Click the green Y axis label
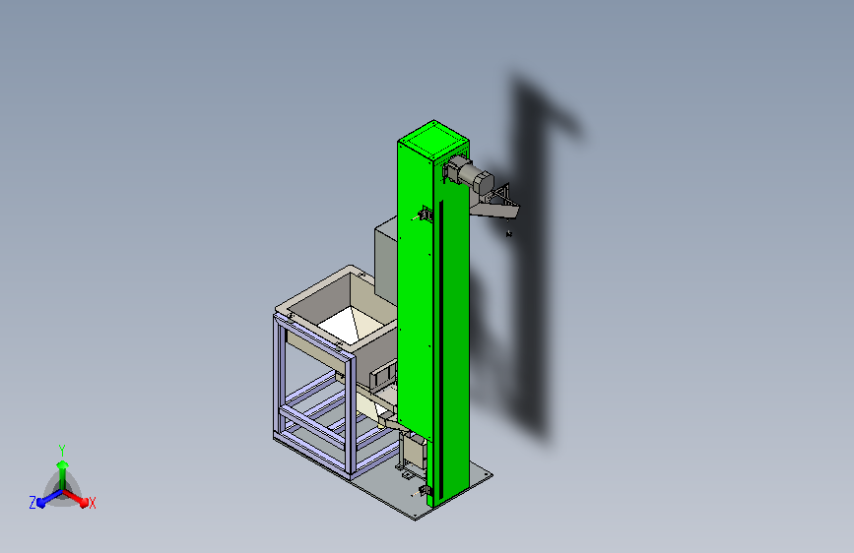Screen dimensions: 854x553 tap(62, 451)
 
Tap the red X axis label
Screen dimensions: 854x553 tap(92, 504)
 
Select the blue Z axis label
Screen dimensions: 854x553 tap(33, 503)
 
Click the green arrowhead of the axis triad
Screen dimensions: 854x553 tap(62, 464)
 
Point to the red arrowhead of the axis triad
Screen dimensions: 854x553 tap(83, 502)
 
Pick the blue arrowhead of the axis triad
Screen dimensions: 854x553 tap(41, 502)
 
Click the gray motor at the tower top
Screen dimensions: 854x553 tap(470, 173)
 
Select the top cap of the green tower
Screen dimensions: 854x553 tap(433, 140)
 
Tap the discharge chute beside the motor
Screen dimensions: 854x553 tap(495, 205)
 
